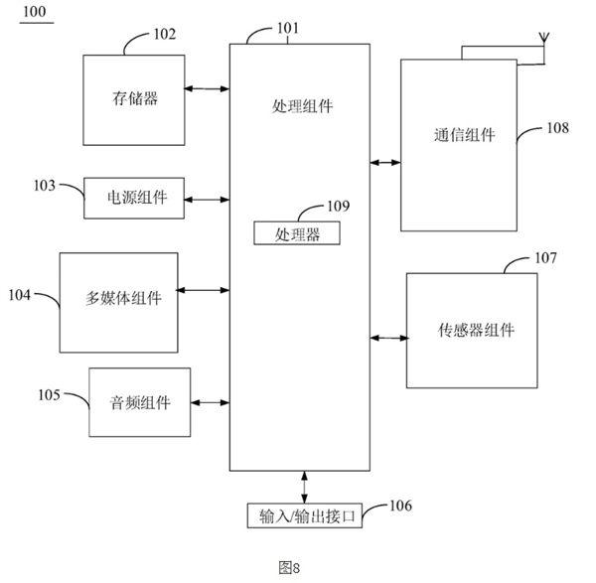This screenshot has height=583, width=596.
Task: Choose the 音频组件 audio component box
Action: [x=139, y=402]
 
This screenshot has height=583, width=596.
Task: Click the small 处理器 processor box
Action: [x=296, y=233]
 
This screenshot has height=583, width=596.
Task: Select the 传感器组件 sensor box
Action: [x=476, y=331]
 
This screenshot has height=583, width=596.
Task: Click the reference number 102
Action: [x=163, y=35]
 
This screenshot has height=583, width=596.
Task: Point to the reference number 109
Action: [x=339, y=207]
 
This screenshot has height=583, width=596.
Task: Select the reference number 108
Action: [x=559, y=128]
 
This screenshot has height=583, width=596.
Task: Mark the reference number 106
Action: [x=399, y=506]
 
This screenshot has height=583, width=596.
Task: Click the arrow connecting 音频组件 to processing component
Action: [x=210, y=402]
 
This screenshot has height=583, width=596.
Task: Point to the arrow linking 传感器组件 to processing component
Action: [x=387, y=339]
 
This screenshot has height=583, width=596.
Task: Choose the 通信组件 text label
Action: [x=464, y=135]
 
